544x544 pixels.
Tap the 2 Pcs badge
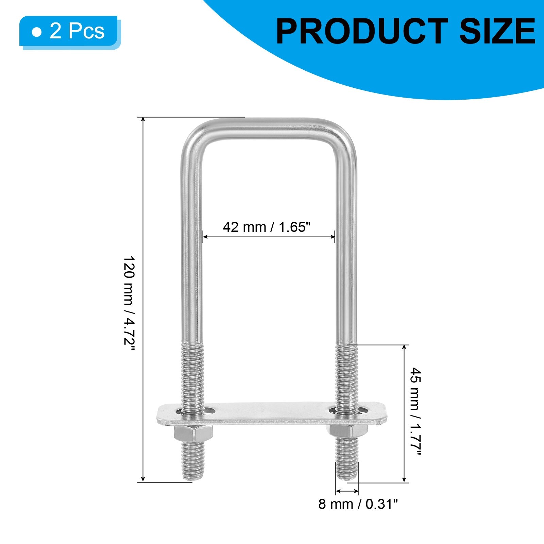tap(69, 32)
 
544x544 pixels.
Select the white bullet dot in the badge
tap(36, 32)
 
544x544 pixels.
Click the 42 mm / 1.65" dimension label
tap(267, 227)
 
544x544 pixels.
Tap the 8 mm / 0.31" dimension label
tap(358, 504)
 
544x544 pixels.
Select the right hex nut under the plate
tap(347, 432)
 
